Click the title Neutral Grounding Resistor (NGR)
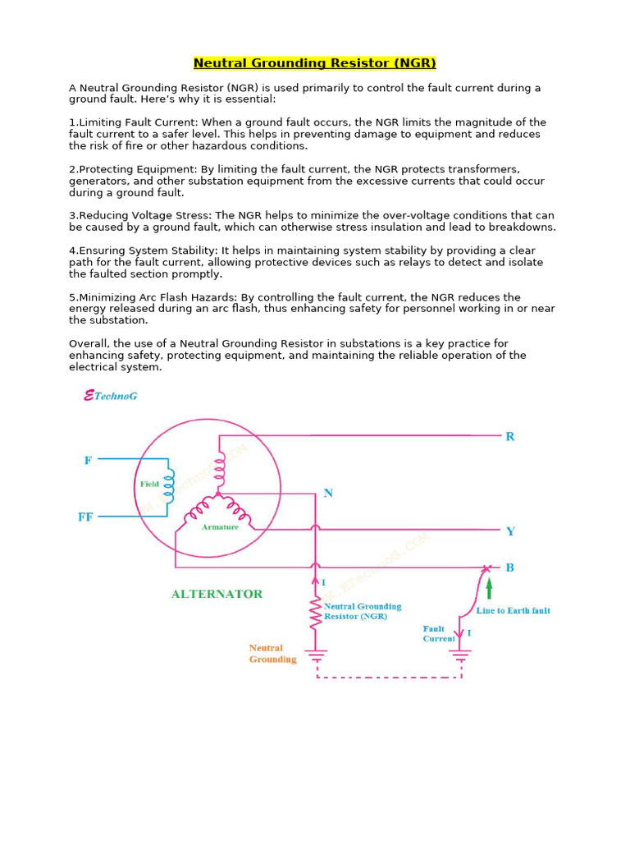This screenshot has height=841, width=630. (x=314, y=63)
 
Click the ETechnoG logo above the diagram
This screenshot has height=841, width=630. (x=111, y=396)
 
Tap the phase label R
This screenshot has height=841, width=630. (x=510, y=437)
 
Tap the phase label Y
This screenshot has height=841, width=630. (x=510, y=531)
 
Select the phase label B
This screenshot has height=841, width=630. (x=510, y=568)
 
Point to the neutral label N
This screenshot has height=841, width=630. (x=328, y=494)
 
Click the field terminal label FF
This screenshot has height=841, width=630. (x=85, y=517)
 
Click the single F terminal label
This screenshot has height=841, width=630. (x=88, y=461)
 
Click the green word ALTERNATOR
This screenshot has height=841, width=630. (x=217, y=594)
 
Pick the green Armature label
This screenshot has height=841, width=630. (x=220, y=527)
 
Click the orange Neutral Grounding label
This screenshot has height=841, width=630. (x=272, y=654)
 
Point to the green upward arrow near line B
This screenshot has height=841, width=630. (x=490, y=589)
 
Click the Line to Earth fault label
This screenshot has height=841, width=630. (x=513, y=611)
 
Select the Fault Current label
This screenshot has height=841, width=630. (x=439, y=634)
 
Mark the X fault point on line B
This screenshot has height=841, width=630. (x=485, y=568)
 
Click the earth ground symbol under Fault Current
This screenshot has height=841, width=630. (x=460, y=655)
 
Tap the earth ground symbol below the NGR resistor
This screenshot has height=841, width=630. (x=316, y=655)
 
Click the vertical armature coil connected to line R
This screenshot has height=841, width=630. (x=219, y=470)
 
